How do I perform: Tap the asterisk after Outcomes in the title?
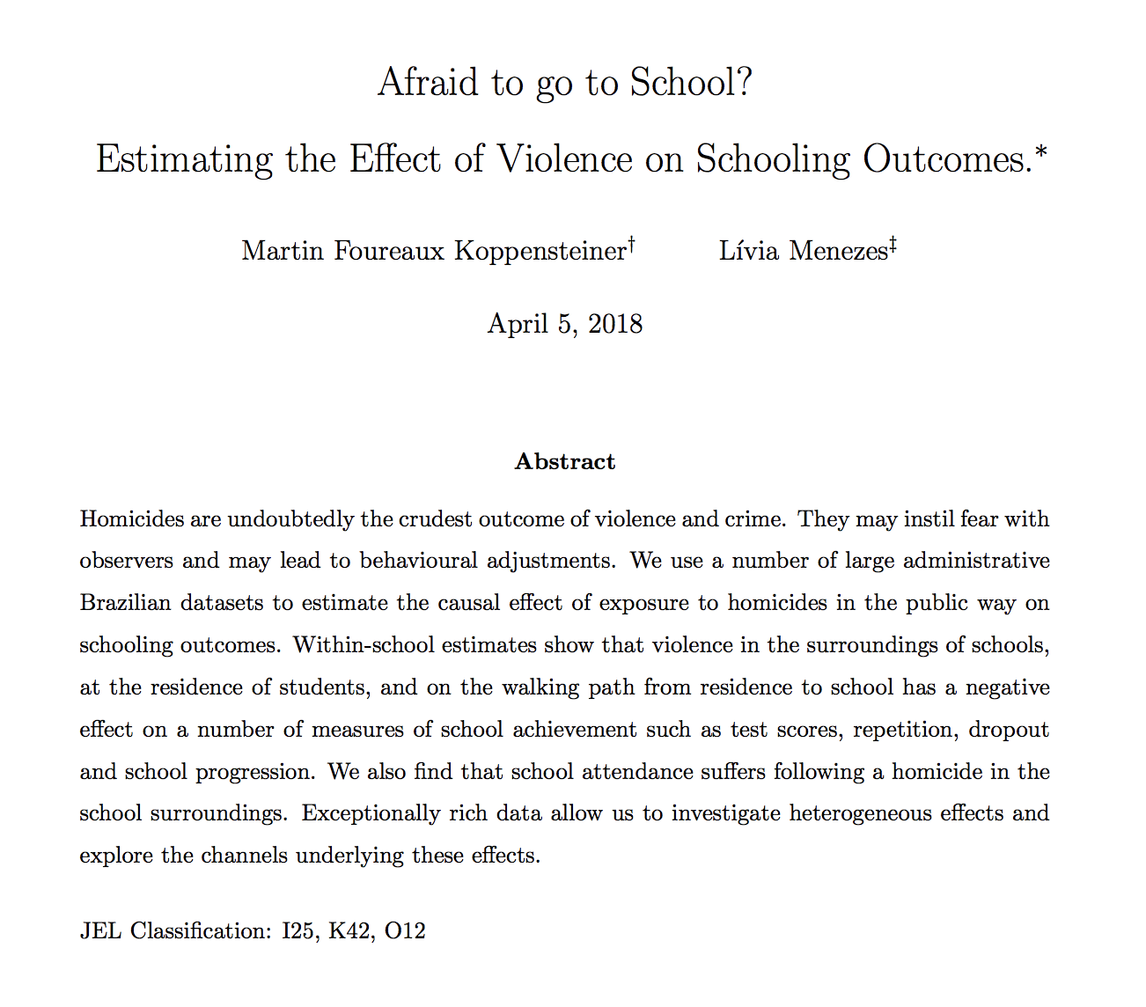[1041, 151]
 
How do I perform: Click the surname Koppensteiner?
[540, 252]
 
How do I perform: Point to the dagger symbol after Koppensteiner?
[631, 244]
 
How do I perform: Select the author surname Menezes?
[838, 252]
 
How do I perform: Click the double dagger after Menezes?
[893, 244]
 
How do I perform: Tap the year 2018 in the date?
[615, 324]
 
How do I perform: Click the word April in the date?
[518, 324]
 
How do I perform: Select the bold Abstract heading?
[565, 462]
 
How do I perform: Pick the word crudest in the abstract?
[437, 519]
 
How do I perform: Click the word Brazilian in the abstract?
[124, 603]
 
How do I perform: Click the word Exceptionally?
[371, 813]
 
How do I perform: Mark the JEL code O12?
[405, 931]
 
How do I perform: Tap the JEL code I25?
[298, 931]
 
